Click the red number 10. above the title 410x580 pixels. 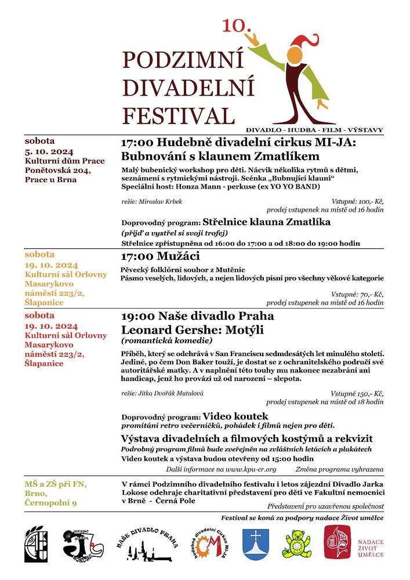click(x=236, y=25)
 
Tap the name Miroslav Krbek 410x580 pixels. click(x=152, y=201)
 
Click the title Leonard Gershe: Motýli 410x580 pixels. click(x=193, y=330)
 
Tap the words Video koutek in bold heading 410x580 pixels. click(x=235, y=416)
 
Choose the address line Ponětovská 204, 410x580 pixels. click(x=57, y=170)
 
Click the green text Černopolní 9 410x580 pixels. click(x=50, y=503)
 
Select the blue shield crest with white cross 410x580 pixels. click(x=256, y=544)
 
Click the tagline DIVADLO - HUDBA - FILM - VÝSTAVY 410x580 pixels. click(x=314, y=130)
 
